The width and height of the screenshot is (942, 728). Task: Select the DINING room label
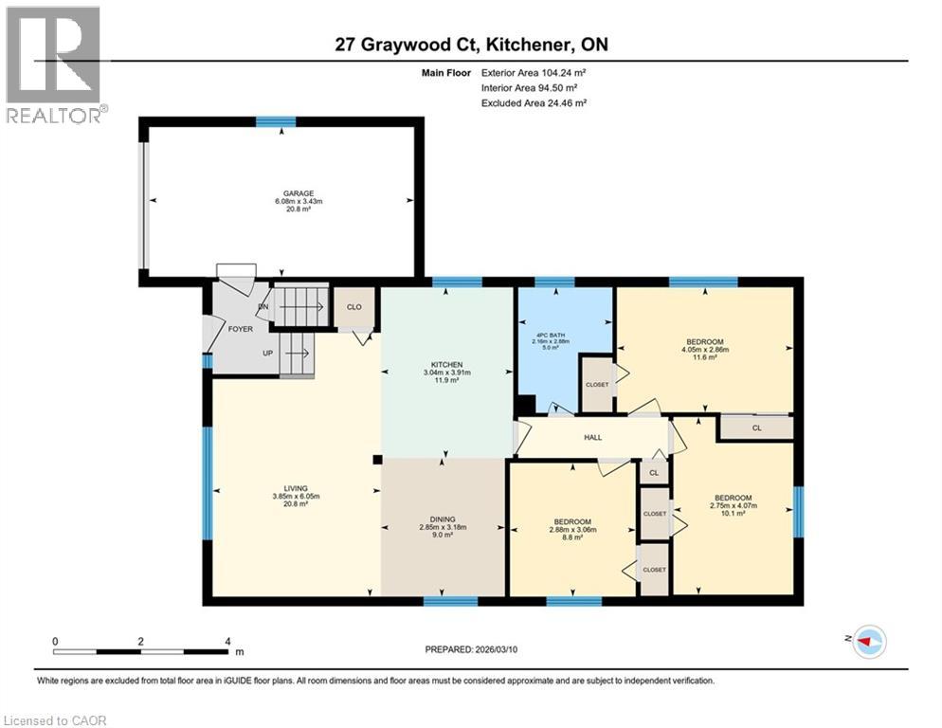[x=443, y=519]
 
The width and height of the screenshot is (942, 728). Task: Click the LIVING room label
[x=295, y=488]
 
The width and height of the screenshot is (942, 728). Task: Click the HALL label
[x=593, y=437]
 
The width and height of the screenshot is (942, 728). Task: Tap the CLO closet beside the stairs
[x=353, y=306]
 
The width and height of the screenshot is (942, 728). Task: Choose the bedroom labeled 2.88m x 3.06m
[x=572, y=522]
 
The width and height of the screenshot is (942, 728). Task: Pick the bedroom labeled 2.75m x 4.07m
[x=733, y=499]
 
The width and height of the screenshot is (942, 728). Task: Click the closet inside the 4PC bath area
[x=596, y=385]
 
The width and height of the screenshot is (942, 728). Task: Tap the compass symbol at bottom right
[x=869, y=642]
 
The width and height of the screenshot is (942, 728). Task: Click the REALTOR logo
[x=54, y=64]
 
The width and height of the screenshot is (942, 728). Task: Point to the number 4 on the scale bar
[x=227, y=641]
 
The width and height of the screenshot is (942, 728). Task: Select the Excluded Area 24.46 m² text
[x=534, y=102]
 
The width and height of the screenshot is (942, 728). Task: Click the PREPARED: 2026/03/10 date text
[x=476, y=649]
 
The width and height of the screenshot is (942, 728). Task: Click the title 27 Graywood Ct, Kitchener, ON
[x=470, y=45]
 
